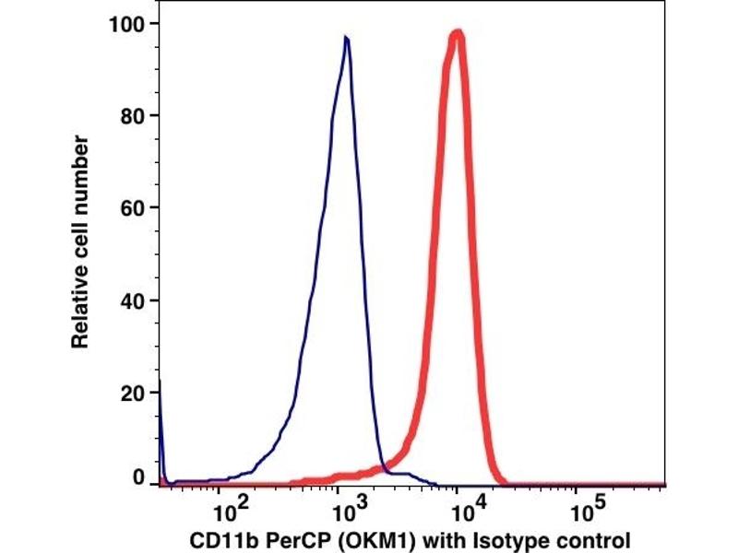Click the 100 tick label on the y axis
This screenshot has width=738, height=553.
tap(129, 22)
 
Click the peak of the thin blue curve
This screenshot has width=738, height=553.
tap(345, 39)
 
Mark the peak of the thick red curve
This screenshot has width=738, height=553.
tap(457, 34)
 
